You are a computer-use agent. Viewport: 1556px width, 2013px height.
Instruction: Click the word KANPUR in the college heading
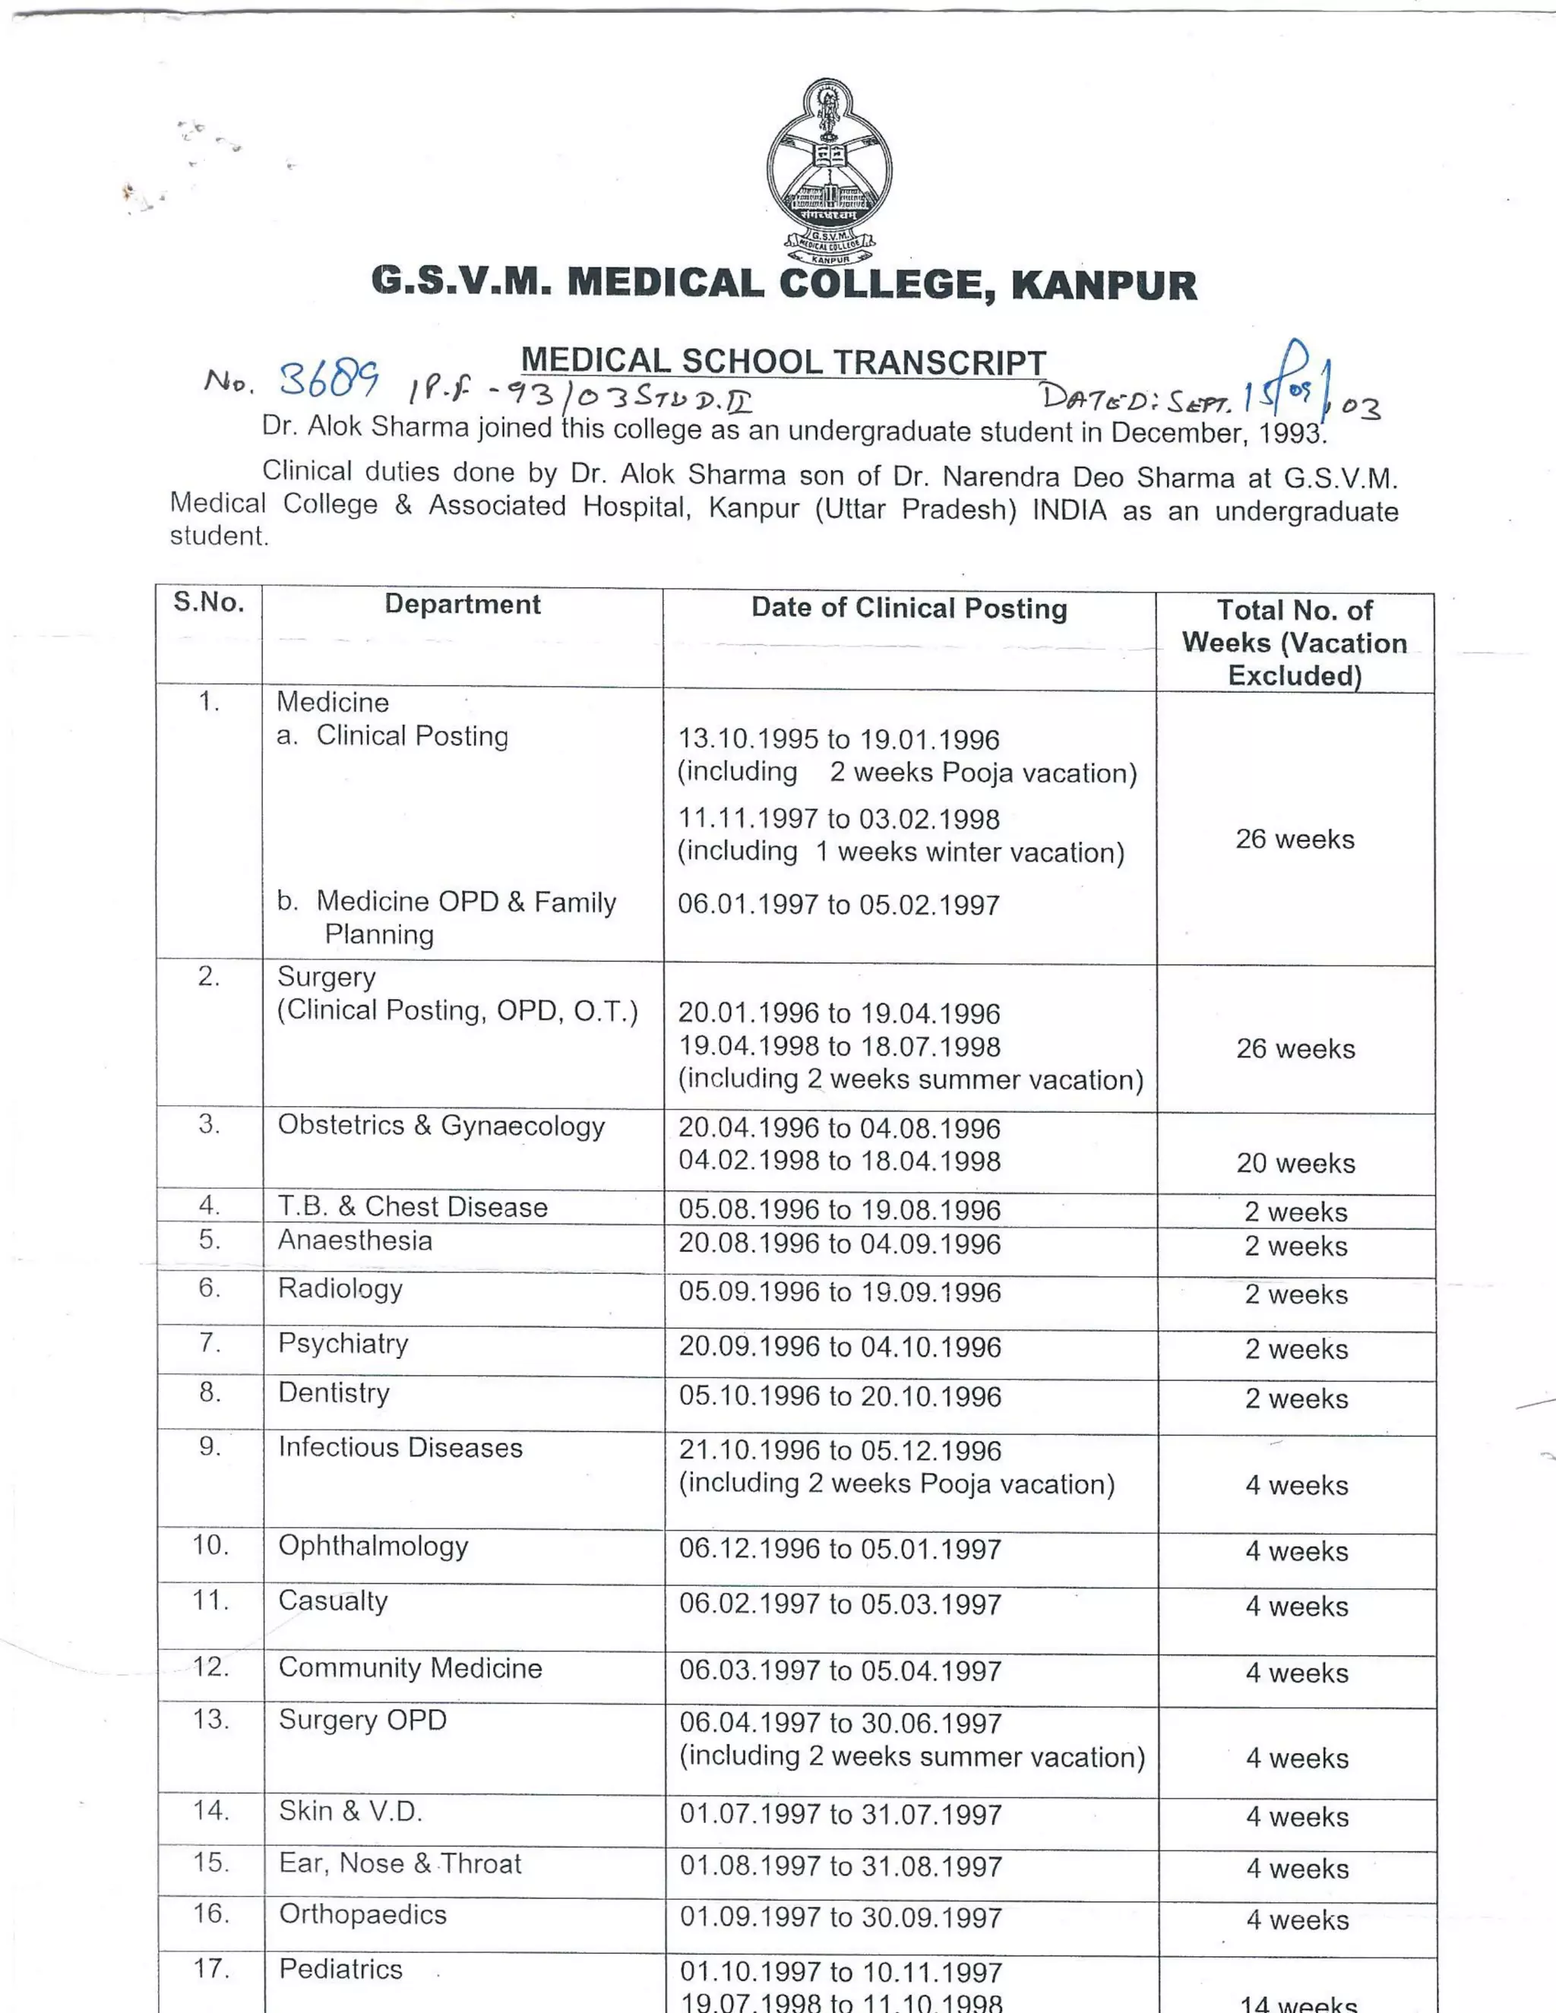(1103, 285)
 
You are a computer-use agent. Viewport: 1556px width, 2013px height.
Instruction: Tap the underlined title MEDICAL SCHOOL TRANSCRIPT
(783, 362)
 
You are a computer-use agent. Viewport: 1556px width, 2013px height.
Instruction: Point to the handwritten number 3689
(329, 379)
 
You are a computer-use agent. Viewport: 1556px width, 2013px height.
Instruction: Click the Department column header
(462, 605)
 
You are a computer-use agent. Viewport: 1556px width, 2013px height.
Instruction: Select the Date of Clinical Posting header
(909, 608)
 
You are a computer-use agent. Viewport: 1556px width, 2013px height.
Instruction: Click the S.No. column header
(209, 603)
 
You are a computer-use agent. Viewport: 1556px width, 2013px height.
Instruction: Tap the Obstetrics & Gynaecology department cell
(441, 1126)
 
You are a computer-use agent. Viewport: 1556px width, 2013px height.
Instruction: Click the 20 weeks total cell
(1295, 1163)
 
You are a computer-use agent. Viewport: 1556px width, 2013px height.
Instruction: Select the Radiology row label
(340, 1288)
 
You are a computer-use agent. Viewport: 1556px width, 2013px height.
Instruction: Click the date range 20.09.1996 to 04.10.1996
(840, 1347)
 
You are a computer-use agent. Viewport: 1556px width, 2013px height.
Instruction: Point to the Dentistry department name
(334, 1392)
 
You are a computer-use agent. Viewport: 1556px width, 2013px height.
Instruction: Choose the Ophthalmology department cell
(373, 1546)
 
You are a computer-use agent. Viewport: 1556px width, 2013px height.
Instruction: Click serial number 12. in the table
(211, 1667)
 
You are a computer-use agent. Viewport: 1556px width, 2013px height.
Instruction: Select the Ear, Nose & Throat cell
(400, 1863)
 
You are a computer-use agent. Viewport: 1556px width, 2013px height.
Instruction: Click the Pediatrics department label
(340, 1970)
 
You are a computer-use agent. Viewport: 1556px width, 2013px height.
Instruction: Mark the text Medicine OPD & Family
(466, 902)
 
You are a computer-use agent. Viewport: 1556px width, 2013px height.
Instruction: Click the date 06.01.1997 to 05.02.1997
(839, 905)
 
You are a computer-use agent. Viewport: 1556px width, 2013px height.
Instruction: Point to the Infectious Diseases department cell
(400, 1447)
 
